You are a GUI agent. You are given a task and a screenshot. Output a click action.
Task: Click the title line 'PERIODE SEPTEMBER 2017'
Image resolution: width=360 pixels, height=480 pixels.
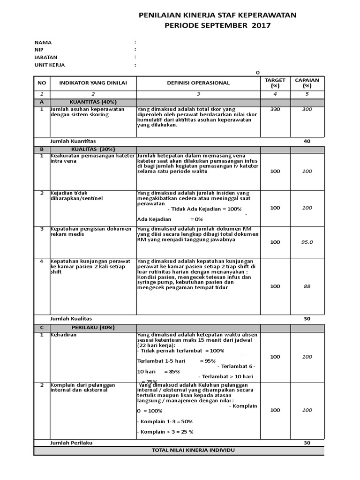[217, 25]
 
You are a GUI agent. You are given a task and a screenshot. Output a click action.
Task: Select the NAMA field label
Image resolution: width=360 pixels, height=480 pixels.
[43, 42]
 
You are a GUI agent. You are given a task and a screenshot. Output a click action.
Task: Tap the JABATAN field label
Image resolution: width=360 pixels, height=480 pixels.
[46, 57]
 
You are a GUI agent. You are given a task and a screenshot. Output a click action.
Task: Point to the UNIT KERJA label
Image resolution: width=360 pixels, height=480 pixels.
[50, 65]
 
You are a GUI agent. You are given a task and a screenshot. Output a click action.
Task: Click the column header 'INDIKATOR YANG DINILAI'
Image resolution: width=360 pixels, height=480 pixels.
[93, 83]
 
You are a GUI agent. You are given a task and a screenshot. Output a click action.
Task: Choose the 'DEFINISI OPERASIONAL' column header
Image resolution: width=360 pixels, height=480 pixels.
[198, 83]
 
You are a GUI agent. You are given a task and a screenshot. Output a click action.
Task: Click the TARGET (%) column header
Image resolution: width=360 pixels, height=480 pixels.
[275, 83]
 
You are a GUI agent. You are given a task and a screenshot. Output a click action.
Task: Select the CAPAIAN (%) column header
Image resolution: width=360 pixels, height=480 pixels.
[307, 83]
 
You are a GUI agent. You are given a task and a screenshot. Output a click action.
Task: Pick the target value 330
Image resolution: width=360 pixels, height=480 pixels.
[275, 109]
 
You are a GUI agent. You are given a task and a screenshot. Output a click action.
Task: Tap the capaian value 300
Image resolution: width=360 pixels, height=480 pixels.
[307, 109]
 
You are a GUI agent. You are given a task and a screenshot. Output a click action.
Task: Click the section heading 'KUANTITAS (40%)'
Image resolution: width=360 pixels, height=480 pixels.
[93, 102]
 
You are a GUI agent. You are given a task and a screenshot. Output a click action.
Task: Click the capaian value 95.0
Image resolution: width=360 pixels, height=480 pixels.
[307, 242]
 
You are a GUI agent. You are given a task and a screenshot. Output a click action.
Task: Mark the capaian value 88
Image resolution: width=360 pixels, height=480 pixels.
[307, 286]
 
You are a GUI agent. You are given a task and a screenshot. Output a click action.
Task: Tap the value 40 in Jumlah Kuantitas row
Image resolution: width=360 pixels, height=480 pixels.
[307, 141]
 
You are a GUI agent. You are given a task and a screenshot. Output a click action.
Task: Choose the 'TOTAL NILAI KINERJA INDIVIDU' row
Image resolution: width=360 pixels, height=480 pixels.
[194, 450]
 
